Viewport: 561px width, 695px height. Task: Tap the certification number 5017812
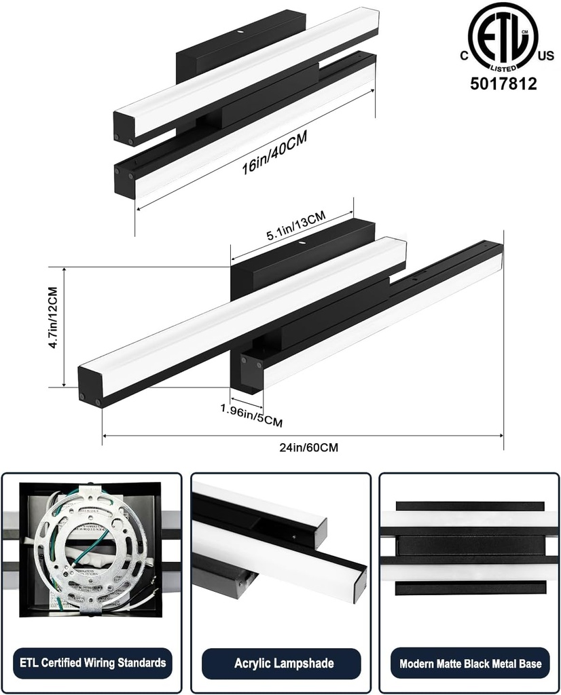(x=504, y=84)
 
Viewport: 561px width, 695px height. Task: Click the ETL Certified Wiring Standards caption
(x=92, y=662)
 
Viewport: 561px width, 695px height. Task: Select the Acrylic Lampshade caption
(x=279, y=662)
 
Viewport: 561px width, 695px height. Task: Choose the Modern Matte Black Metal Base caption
(x=470, y=663)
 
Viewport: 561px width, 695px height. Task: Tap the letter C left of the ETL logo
(x=463, y=58)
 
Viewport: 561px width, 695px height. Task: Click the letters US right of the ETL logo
(x=545, y=58)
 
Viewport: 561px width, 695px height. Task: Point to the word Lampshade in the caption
(x=300, y=662)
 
